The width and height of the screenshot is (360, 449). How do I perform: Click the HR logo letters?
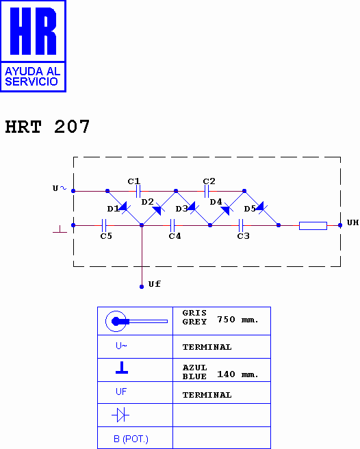(34, 31)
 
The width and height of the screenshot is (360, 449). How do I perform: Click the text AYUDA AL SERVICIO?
(32, 76)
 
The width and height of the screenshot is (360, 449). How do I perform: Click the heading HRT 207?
(47, 127)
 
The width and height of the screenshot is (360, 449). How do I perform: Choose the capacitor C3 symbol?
(241, 224)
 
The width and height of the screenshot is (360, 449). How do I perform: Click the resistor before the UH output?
(313, 224)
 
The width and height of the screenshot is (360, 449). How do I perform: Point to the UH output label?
(352, 223)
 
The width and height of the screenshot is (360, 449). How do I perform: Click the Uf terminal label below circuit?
(154, 284)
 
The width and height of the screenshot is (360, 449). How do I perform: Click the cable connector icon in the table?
(135, 321)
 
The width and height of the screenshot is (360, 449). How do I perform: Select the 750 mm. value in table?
(237, 320)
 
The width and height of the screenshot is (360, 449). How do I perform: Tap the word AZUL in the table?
(194, 368)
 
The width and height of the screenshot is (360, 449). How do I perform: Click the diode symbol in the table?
(121, 415)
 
